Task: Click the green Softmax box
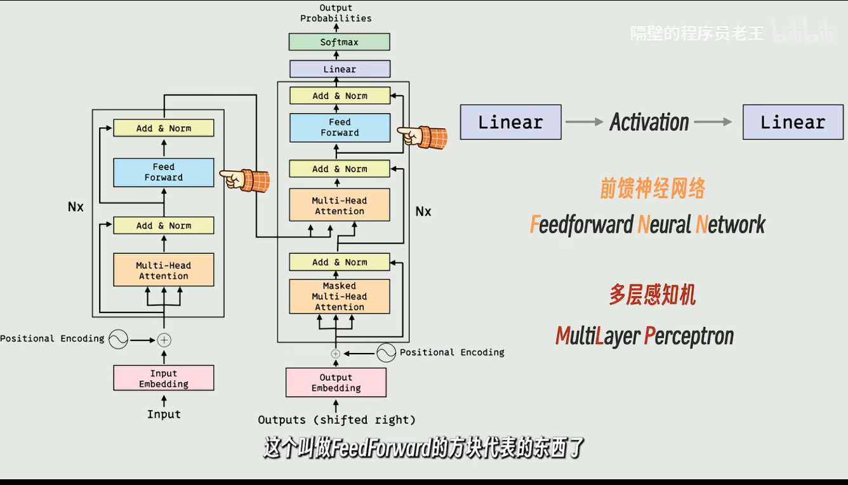click(x=339, y=42)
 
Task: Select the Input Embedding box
click(x=164, y=378)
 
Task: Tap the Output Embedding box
click(x=336, y=383)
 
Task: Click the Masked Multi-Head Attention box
click(x=340, y=296)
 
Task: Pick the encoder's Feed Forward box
click(x=164, y=172)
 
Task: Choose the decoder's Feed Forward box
click(x=340, y=128)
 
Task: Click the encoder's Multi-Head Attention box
click(x=164, y=270)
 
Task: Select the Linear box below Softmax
click(x=340, y=69)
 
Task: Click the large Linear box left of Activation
click(x=510, y=122)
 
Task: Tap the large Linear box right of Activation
click(x=793, y=122)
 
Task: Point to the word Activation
click(x=649, y=122)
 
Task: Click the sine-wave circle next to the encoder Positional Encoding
click(x=118, y=340)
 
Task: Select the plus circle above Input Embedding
click(x=164, y=340)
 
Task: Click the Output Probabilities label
click(x=336, y=13)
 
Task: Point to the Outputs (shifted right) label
click(x=336, y=420)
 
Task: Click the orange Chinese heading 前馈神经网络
click(x=653, y=189)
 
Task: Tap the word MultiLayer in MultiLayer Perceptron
click(x=597, y=336)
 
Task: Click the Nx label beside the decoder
click(x=423, y=211)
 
